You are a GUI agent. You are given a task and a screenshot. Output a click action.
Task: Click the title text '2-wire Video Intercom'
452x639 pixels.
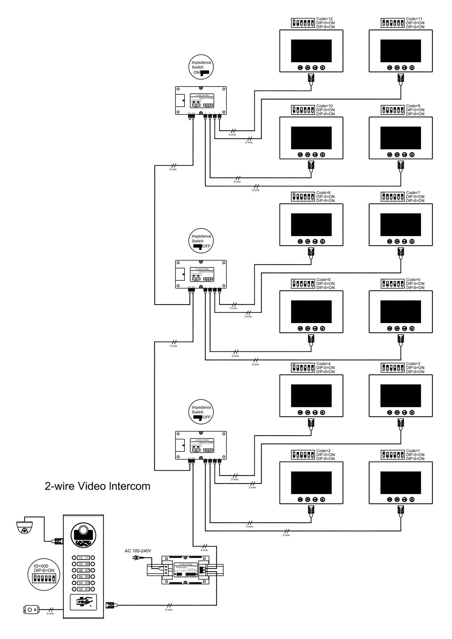coord(97,486)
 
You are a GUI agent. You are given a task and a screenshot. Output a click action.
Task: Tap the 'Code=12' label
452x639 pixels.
coord(324,19)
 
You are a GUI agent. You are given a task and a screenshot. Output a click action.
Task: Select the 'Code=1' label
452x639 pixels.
coord(413,451)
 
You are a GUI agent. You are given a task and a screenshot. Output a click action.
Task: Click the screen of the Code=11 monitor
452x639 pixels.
coord(400,51)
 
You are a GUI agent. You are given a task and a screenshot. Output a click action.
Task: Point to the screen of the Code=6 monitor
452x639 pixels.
coord(311,312)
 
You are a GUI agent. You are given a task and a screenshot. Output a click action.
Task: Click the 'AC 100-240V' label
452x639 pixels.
coord(138,551)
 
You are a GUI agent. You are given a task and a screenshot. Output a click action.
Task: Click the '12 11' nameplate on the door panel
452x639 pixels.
coord(83,558)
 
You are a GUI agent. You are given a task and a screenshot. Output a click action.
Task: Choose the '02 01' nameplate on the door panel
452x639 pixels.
coord(83,589)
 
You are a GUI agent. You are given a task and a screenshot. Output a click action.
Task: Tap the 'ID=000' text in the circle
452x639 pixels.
coord(41,566)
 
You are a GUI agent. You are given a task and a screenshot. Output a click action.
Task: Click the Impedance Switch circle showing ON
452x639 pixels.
coord(201,68)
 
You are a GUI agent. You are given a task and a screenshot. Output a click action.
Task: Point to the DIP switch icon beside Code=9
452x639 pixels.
coord(393,110)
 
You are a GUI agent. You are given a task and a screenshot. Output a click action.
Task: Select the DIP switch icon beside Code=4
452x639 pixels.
coord(303,368)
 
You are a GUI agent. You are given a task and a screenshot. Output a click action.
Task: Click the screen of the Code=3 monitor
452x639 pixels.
coord(400,396)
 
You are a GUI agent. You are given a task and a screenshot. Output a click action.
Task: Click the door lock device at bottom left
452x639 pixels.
coord(31,610)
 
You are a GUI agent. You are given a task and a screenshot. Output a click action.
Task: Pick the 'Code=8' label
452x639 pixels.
coord(323,193)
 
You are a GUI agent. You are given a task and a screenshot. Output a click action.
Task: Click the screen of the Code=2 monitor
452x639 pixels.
coord(311,483)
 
